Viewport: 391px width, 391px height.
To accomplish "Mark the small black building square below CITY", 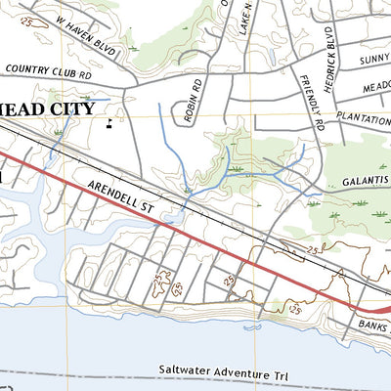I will click(110, 124).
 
